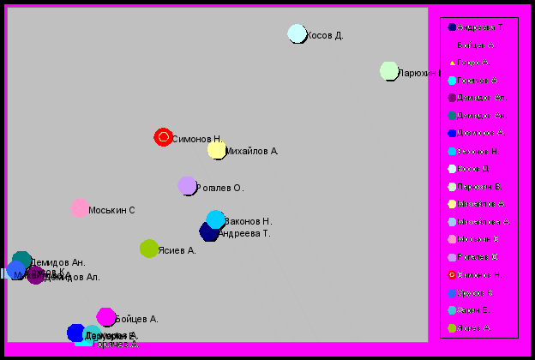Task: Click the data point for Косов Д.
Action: coord(297,33)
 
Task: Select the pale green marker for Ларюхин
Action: coord(389,71)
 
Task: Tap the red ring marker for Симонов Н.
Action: coord(164,137)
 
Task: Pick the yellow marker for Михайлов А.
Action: coord(217,150)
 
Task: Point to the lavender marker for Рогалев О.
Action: coord(188,185)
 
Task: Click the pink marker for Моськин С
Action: coord(80,208)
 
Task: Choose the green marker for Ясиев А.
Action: coord(149,249)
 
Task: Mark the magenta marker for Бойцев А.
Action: coord(105,317)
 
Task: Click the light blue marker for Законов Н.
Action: coord(216,219)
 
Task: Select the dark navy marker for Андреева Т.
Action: coord(209,231)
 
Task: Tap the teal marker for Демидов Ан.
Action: coord(22,261)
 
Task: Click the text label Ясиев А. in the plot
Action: coord(177,250)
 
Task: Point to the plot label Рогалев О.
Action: coord(220,188)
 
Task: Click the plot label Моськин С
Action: coord(112,211)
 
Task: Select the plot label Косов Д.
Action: coord(325,36)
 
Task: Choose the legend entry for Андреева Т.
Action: coord(480,27)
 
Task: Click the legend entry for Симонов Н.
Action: coord(480,275)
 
